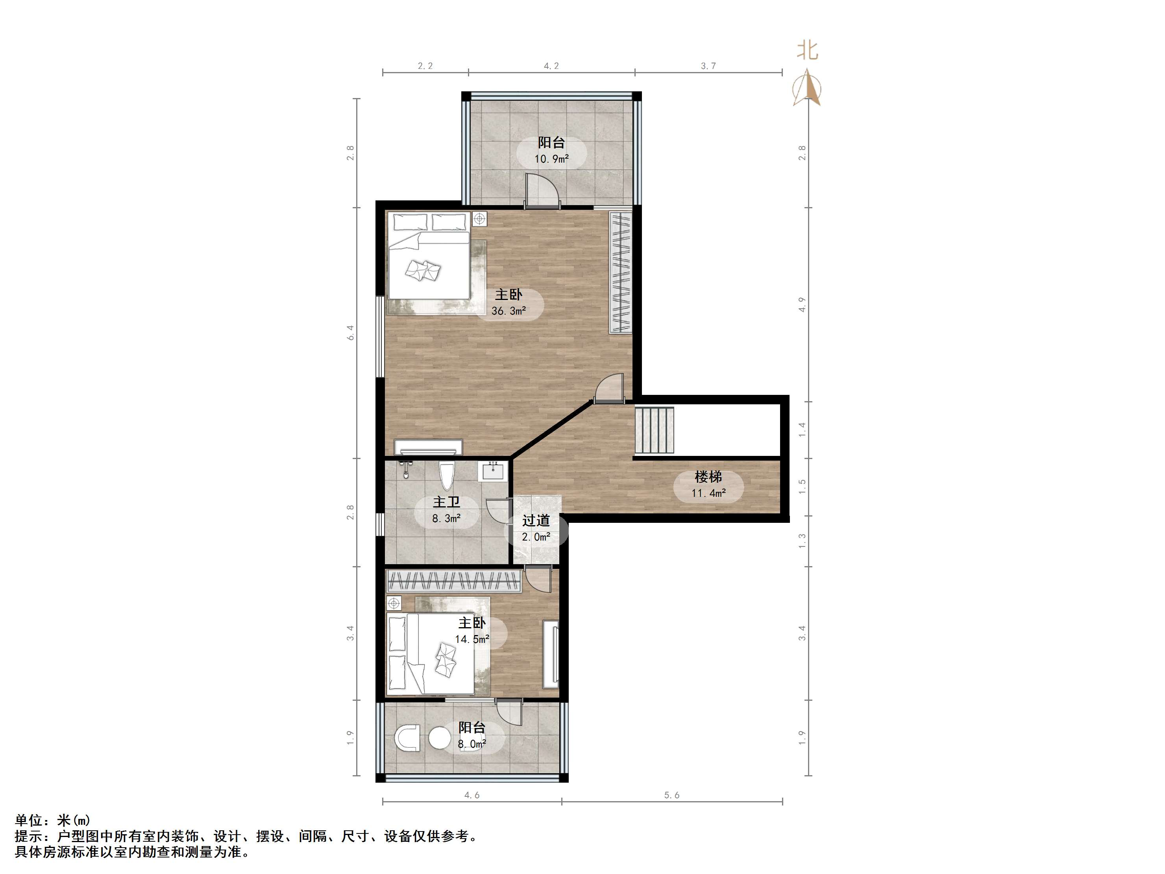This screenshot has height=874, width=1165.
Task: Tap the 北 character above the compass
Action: point(807,50)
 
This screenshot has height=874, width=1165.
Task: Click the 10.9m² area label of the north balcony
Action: point(551,159)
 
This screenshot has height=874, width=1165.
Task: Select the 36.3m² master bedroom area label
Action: point(509,311)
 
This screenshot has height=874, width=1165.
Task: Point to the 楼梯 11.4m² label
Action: point(708,485)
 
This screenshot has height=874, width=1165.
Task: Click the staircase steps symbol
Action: point(654,430)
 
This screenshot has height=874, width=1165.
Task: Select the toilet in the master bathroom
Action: point(447,476)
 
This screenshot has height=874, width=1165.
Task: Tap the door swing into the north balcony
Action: point(542,190)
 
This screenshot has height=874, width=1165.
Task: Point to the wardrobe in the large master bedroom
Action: point(620,272)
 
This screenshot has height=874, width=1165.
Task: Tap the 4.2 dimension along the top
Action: point(551,66)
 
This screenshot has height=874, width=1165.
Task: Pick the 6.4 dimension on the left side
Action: point(350,332)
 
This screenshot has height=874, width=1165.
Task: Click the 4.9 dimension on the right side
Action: point(802,304)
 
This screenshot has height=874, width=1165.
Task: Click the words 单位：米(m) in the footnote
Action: point(53,820)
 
